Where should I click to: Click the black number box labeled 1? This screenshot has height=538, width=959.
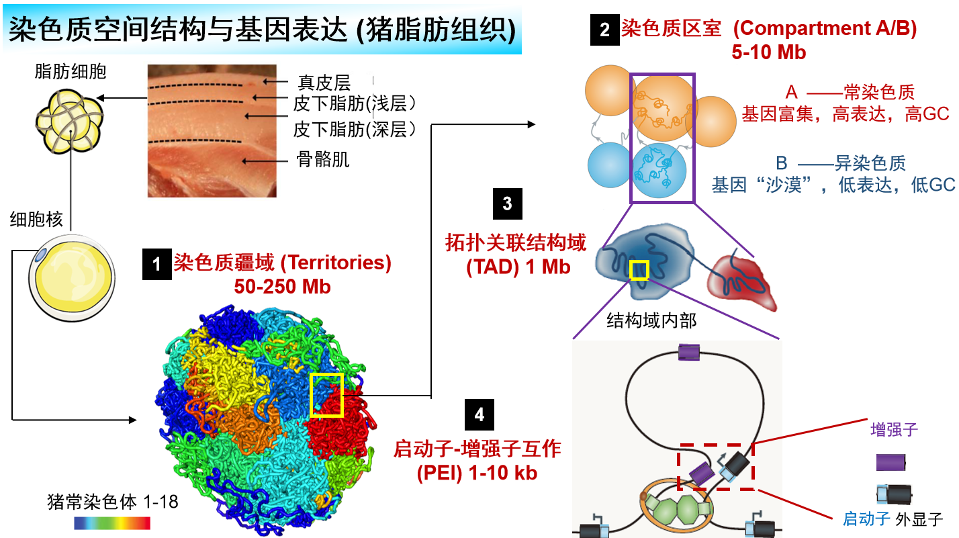156,264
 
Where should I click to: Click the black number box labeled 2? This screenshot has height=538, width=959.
604,30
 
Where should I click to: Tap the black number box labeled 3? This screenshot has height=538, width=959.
507,204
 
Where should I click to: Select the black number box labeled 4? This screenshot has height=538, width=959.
479,414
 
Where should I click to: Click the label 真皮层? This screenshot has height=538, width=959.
324,83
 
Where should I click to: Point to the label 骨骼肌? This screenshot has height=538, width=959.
323,159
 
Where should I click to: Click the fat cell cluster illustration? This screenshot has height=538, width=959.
69,121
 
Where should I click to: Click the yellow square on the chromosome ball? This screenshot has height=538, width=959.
326,395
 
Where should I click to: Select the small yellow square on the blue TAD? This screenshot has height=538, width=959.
639,270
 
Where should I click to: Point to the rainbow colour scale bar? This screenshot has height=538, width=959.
112,523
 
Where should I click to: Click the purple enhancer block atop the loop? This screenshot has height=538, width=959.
689,353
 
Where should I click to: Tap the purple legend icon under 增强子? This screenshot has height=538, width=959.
891,462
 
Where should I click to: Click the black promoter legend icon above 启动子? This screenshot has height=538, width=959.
895,494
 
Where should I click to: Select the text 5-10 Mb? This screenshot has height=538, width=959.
769,52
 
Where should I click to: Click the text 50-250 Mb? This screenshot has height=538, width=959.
283,287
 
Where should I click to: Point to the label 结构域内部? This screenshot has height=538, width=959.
651,320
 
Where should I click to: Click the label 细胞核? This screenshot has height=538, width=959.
36,220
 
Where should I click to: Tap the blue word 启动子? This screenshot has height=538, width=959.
866,519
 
